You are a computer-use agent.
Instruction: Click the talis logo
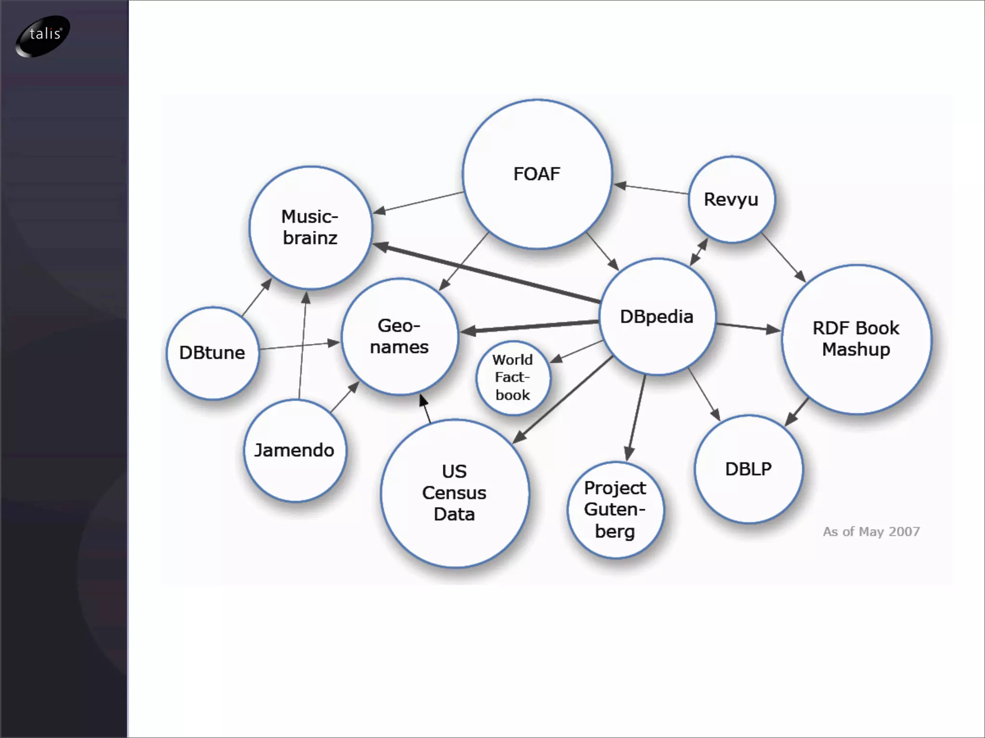[x=43, y=35]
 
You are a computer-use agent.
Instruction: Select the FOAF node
[x=537, y=174]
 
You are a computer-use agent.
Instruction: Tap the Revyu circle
[x=731, y=199]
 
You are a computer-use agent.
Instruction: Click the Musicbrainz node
[x=310, y=227]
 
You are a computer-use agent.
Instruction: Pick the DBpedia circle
[x=657, y=317]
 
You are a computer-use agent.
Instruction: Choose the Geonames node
[x=399, y=336]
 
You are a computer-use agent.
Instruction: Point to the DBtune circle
[x=212, y=353]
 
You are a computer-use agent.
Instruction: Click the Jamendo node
[x=294, y=450]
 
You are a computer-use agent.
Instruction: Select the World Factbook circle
[x=513, y=378]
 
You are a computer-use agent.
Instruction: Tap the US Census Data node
[x=454, y=493]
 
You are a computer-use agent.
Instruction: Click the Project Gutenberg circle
[x=615, y=510]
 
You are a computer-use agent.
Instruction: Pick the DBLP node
[x=748, y=469]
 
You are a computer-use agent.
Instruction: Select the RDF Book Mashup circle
[x=856, y=339]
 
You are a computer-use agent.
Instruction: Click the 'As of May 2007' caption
[x=871, y=531]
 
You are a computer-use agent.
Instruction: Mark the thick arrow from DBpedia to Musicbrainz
[x=486, y=273]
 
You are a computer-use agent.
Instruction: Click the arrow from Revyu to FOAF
[x=652, y=189]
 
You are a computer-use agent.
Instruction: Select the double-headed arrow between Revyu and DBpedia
[x=699, y=252]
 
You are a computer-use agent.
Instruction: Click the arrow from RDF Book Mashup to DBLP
[x=796, y=412]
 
